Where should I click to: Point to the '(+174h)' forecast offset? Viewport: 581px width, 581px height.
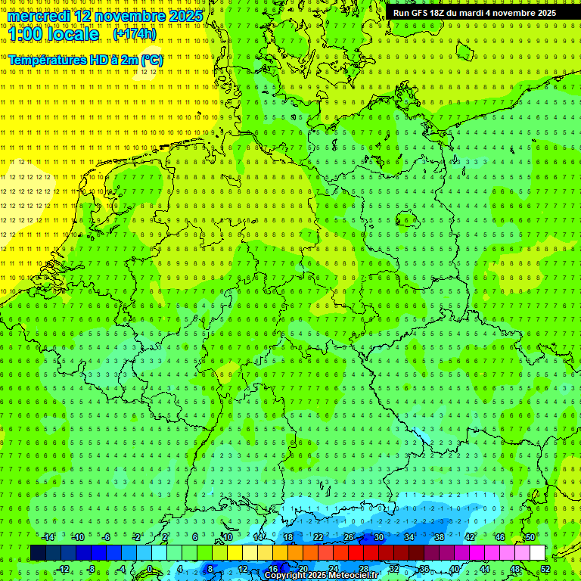134,34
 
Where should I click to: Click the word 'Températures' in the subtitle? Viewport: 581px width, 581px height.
47,60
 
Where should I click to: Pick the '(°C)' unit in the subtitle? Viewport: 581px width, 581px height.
151,60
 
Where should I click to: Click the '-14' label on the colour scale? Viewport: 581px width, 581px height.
48,537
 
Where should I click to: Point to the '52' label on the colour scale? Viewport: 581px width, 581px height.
546,568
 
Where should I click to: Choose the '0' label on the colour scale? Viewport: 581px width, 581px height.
149,568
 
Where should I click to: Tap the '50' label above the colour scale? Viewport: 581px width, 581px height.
530,537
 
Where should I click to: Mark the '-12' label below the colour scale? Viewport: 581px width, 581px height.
64,568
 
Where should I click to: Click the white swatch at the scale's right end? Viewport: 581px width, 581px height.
537,552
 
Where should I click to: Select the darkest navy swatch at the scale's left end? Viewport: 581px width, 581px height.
38,552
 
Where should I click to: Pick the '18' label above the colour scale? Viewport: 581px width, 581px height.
287,537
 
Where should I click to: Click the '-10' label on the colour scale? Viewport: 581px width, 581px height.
78,537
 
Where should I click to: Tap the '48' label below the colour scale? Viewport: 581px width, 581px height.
515,568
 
